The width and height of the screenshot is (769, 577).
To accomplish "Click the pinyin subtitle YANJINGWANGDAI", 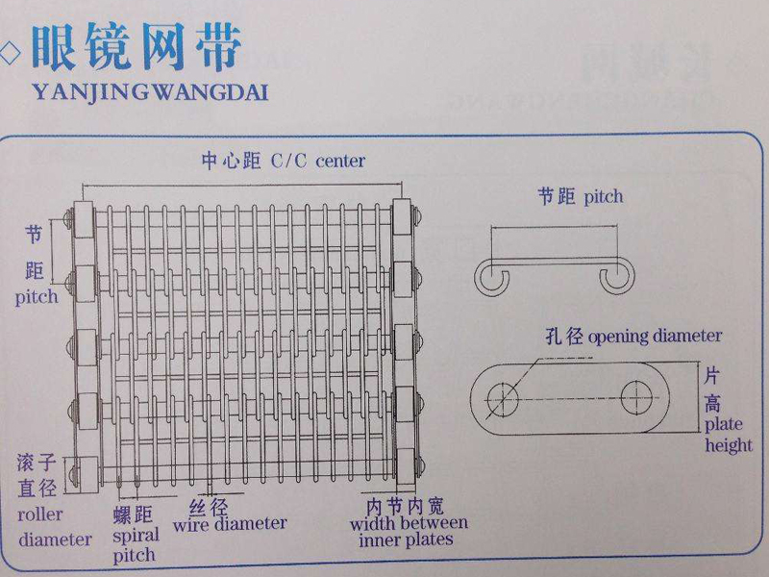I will pos(150,92).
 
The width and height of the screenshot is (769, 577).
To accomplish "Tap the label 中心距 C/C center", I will pos(283,161).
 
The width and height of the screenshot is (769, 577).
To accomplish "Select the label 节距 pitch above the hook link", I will pos(580,197).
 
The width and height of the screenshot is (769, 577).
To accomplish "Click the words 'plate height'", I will pos(728,435).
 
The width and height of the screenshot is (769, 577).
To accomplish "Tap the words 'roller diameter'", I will pos(54,527).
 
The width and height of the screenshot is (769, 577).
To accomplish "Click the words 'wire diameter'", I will pos(230,524).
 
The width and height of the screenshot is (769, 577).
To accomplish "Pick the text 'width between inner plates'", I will pos(409,532).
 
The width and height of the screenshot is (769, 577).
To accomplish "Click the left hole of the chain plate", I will pos(502,396).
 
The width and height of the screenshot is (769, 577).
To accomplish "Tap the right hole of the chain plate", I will pos(636,395).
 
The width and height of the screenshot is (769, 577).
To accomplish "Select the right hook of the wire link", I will pos(619,277).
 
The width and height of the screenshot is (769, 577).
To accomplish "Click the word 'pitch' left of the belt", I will pos(37,296).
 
